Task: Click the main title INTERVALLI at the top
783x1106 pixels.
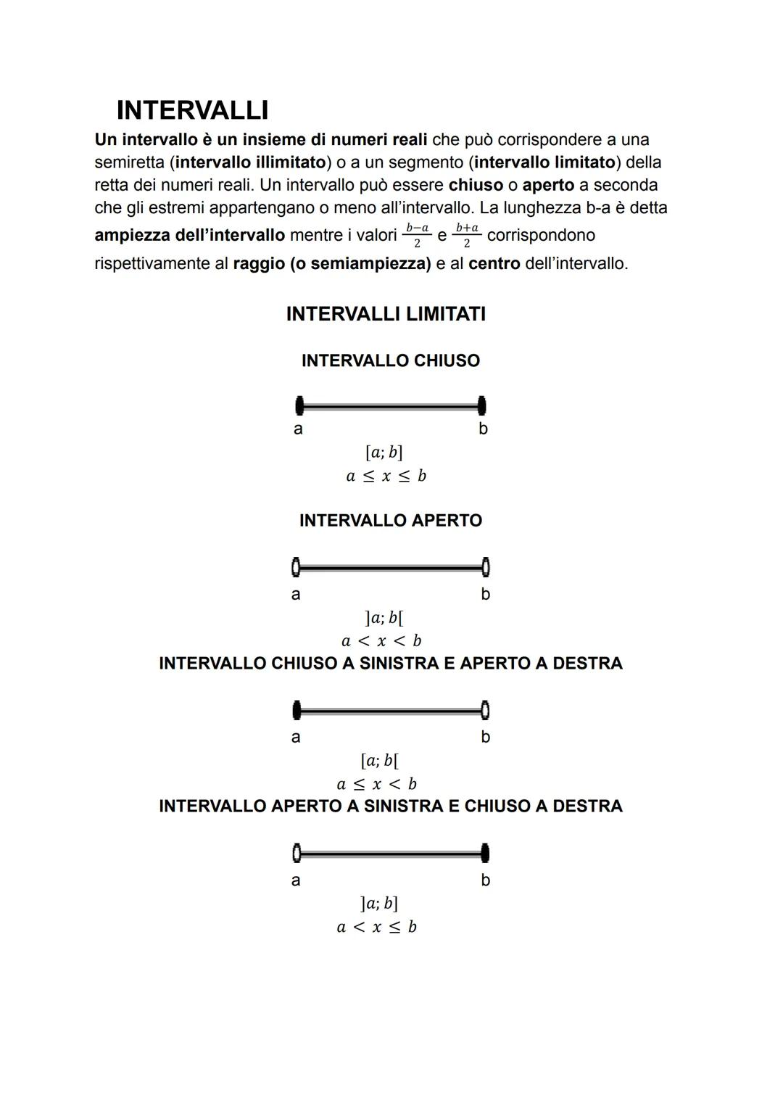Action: pyautogui.click(x=192, y=110)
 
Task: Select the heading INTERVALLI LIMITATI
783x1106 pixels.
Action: pyautogui.click(x=386, y=314)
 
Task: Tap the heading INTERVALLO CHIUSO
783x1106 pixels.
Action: pyautogui.click(x=390, y=360)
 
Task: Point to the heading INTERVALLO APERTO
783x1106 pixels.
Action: pyautogui.click(x=390, y=521)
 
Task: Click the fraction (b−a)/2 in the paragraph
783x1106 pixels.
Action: pyautogui.click(x=417, y=235)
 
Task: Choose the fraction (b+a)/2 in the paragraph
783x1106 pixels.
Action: pyautogui.click(x=467, y=235)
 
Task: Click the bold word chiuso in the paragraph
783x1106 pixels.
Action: pyautogui.click(x=476, y=185)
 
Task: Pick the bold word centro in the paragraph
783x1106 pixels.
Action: pyautogui.click(x=494, y=263)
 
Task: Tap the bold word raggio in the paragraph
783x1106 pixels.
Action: pyautogui.click(x=259, y=263)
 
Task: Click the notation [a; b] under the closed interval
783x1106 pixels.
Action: pyautogui.click(x=384, y=453)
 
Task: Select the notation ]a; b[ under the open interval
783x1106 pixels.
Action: pyautogui.click(x=384, y=618)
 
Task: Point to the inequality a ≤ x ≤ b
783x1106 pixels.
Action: pyautogui.click(x=386, y=476)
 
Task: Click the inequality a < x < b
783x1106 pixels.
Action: pyautogui.click(x=381, y=641)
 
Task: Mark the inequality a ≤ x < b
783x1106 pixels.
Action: pyautogui.click(x=376, y=784)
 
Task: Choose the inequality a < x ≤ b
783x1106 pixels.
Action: pyautogui.click(x=376, y=927)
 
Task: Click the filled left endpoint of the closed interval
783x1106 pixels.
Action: pyautogui.click(x=299, y=406)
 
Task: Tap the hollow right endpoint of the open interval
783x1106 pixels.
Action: pyautogui.click(x=485, y=566)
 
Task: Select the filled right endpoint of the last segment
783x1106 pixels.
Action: pyautogui.click(x=485, y=854)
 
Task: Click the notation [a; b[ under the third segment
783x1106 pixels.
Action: pyautogui.click(x=379, y=761)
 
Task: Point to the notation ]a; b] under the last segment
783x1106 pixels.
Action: pyautogui.click(x=378, y=904)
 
